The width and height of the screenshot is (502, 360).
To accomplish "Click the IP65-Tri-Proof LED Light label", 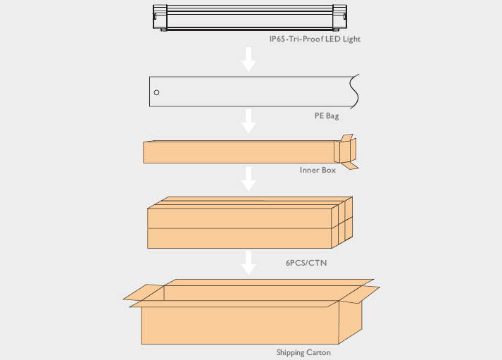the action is coord(315,39).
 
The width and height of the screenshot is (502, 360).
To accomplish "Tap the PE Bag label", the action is coord(327,116).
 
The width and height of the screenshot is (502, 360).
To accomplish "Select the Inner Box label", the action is coord(318,170).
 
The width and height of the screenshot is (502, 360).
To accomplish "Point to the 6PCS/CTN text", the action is coord(306,263).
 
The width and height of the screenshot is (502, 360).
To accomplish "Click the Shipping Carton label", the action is coord(303,352).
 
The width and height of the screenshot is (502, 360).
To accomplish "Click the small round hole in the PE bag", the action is coord(156,92).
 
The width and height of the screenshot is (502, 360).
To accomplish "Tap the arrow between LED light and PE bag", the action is coord(249,59).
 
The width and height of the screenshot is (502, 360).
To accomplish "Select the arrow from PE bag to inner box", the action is coord(249,121).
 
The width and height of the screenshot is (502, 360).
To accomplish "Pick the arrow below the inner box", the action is coord(249,179).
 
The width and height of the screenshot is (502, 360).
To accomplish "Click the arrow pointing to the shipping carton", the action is coord(249,263).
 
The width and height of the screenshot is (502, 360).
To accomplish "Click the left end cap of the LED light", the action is coord(160,18).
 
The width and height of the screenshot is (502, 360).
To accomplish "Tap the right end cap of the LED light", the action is coord(339,18).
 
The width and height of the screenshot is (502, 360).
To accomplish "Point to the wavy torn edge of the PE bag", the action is coord(355,92).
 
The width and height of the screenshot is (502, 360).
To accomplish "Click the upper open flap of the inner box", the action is coord(347,138).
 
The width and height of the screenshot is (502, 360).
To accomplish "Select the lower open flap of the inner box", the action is coord(350,166).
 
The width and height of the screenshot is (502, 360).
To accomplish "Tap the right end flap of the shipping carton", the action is coord(359,294).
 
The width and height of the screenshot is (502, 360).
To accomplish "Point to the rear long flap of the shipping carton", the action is coord(269,283).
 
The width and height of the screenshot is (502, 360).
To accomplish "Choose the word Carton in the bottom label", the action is coord(318,352).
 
